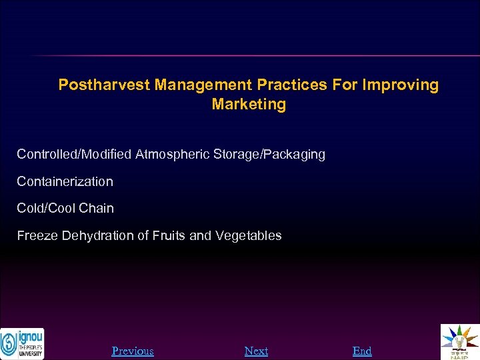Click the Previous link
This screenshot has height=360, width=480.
[133, 351]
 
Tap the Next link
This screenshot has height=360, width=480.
[256, 351]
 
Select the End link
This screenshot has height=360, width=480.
[362, 351]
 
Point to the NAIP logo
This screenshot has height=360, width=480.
[459, 341]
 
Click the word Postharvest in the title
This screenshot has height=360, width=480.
[104, 85]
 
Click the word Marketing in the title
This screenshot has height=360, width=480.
[249, 105]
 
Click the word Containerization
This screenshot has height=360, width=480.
[65, 181]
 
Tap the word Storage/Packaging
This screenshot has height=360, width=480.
[269, 155]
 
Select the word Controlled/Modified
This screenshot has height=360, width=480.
[74, 155]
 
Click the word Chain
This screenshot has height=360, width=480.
[97, 209]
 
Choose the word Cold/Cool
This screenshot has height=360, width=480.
[46, 209]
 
